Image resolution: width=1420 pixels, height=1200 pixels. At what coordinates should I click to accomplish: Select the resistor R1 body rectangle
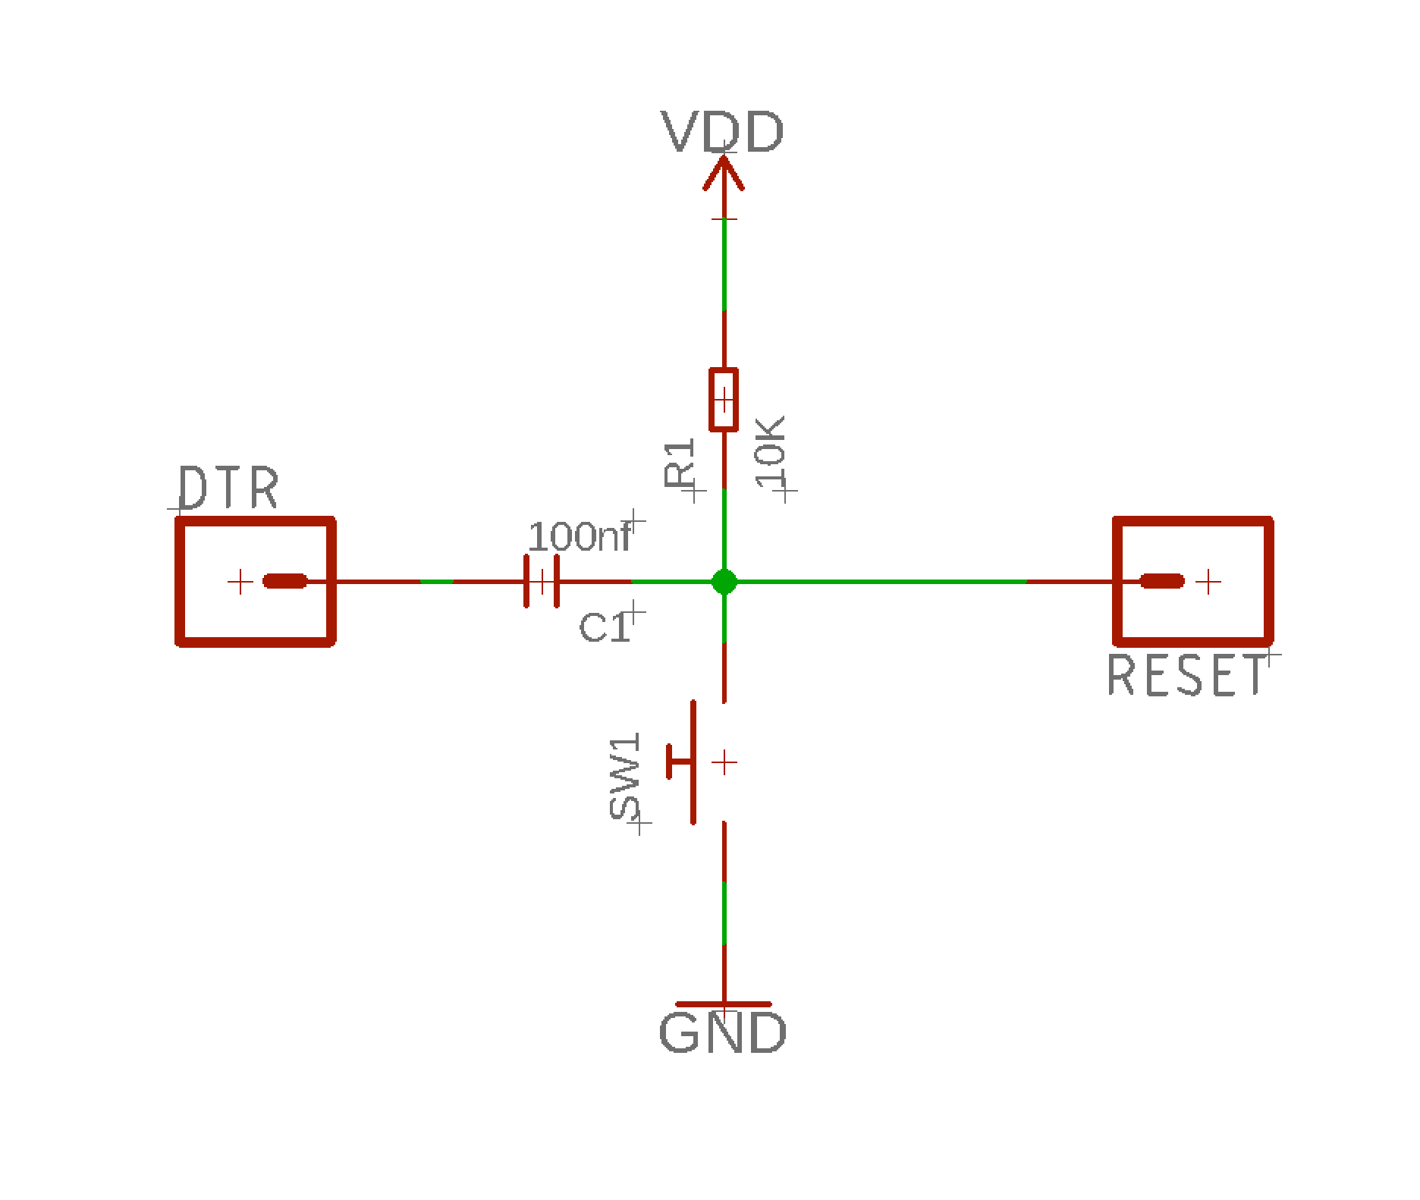(724, 400)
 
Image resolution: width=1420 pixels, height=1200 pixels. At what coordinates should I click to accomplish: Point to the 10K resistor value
(771, 454)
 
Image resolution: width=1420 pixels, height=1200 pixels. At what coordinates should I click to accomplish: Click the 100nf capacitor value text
(580, 538)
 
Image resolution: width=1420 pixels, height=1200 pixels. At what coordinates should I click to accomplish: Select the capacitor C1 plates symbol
(541, 582)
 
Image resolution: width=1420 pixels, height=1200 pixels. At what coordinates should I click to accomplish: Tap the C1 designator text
(604, 627)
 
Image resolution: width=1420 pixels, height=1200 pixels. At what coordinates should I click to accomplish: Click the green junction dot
(724, 582)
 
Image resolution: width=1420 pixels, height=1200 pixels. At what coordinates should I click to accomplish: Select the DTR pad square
(255, 582)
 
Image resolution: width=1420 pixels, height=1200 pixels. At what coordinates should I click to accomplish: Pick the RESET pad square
(1192, 582)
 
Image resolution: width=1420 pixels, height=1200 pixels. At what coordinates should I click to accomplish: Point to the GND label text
(723, 1033)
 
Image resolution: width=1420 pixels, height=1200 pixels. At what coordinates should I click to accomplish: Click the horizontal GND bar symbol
(724, 1004)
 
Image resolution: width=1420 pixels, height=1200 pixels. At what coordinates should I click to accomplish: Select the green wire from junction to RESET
(880, 582)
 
